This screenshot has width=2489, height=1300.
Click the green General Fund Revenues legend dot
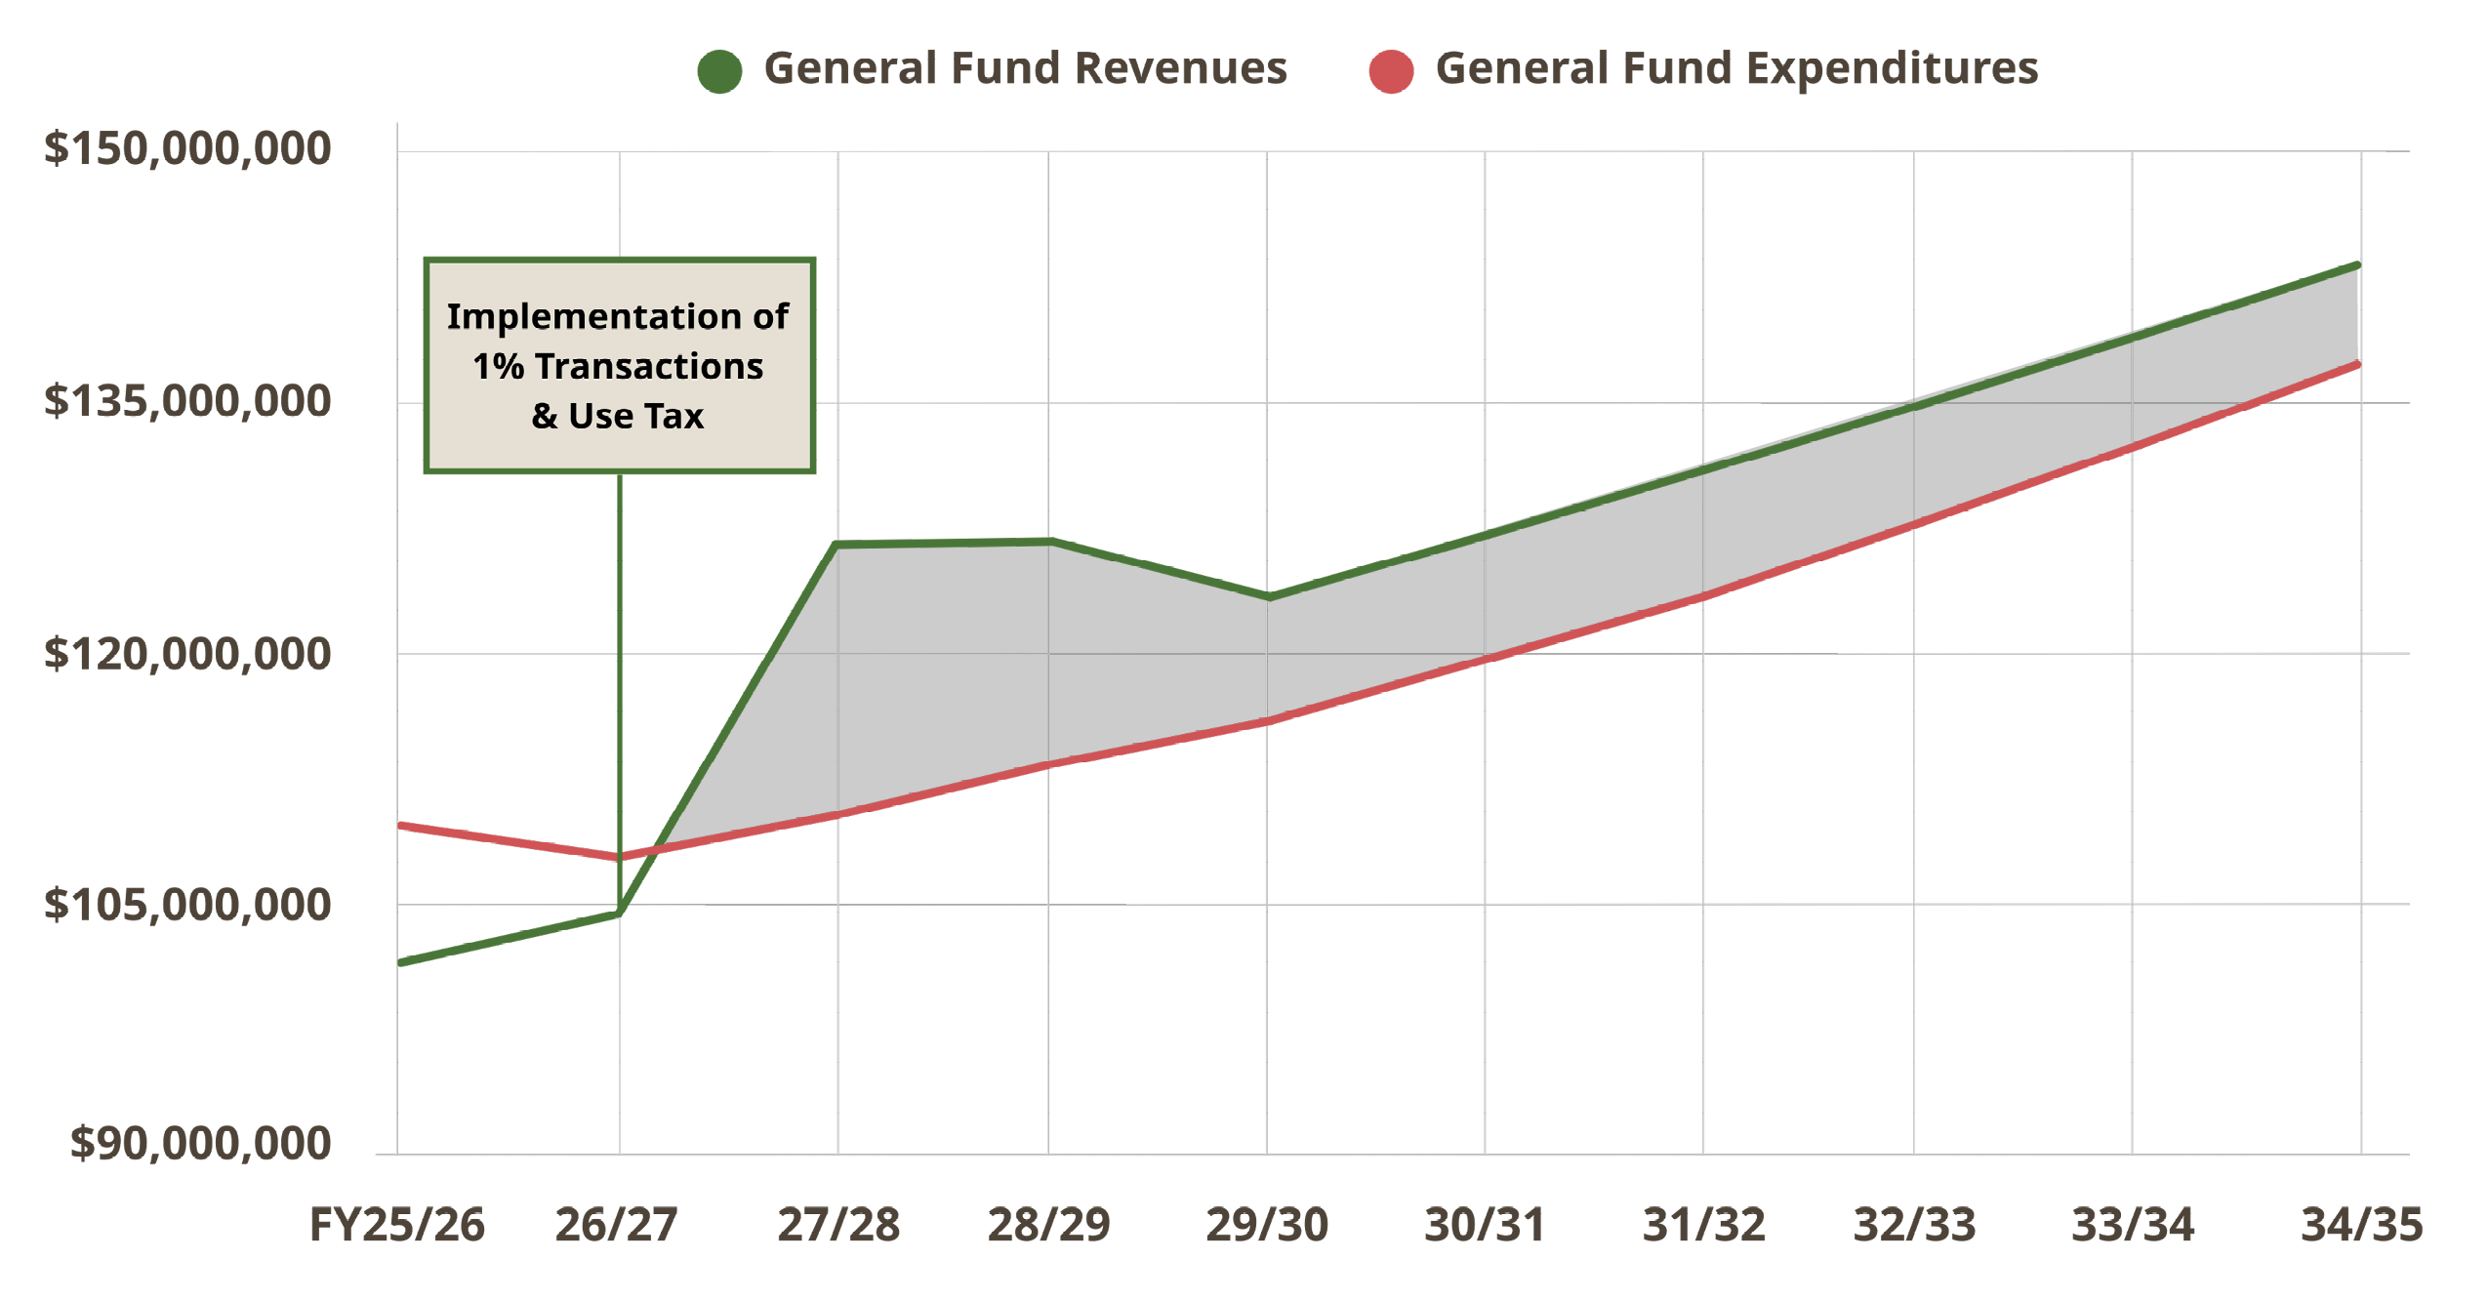coord(719,71)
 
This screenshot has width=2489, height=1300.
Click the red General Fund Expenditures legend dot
coord(1390,71)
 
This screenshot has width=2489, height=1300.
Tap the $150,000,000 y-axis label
coord(187,148)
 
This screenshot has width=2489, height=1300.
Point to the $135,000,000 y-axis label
coord(187,401)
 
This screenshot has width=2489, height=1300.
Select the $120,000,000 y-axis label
coord(187,653)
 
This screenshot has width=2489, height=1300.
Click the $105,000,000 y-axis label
coord(187,905)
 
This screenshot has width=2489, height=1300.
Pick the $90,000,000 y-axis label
coord(200,1143)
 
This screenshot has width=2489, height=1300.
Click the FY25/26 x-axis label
coord(396,1225)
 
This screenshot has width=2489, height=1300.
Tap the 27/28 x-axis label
coord(837,1225)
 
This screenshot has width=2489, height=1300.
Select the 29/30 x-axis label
coord(1266,1225)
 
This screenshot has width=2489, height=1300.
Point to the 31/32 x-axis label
coord(1703,1225)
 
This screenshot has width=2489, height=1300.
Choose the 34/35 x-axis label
coord(2360,1225)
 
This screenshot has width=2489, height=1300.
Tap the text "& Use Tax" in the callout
coord(617,417)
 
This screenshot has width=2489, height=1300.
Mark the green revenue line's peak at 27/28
coord(837,545)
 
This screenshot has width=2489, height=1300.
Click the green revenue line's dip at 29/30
coord(1268,596)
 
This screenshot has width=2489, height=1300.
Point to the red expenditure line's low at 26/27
coord(618,857)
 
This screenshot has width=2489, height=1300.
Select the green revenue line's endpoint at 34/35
coord(2357,265)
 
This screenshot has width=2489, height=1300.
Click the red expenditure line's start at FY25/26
coord(401,826)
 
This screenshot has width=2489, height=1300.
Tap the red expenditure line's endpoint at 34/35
coord(2357,365)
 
